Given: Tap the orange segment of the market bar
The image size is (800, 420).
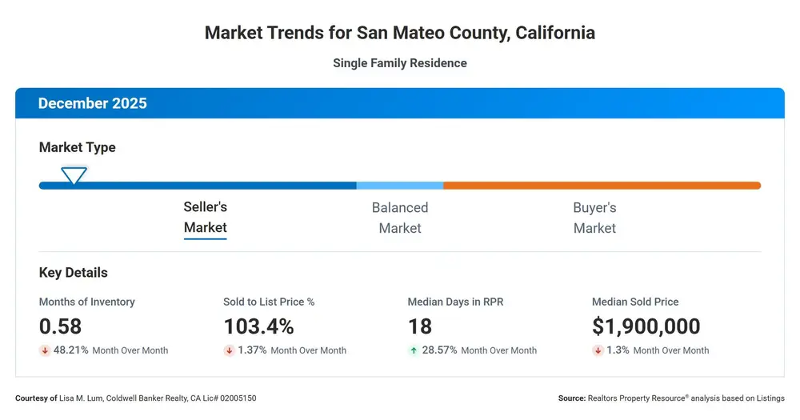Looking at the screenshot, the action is click(602, 186).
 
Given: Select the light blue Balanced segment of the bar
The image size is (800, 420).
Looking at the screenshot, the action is click(400, 186).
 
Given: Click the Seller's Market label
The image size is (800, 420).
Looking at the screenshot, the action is click(205, 218).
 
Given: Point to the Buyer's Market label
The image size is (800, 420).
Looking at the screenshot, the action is click(594, 218).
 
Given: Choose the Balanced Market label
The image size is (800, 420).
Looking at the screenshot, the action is click(400, 218).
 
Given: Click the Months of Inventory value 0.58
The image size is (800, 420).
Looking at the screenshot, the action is click(60, 326).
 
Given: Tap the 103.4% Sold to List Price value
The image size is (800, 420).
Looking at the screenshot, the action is click(258, 326).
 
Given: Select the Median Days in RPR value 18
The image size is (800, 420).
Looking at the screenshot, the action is click(420, 326).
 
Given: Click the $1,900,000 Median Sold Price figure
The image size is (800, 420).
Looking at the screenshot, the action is click(646, 326).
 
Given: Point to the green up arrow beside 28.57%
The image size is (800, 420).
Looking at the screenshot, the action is click(414, 350).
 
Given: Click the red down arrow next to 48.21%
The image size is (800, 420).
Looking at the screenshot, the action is click(45, 350).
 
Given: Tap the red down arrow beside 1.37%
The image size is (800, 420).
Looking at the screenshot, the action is click(229, 350).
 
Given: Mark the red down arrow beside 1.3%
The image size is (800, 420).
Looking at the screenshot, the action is click(598, 350).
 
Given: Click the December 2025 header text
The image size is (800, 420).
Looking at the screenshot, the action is click(92, 103).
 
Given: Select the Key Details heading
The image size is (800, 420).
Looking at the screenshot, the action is click(74, 273).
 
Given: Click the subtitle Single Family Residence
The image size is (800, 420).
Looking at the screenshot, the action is click(400, 62).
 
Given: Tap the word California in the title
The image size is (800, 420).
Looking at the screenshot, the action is click(555, 33).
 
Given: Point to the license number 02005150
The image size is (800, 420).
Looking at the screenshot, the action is click(238, 398).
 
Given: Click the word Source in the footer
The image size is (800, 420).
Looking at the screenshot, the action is click(572, 398).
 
